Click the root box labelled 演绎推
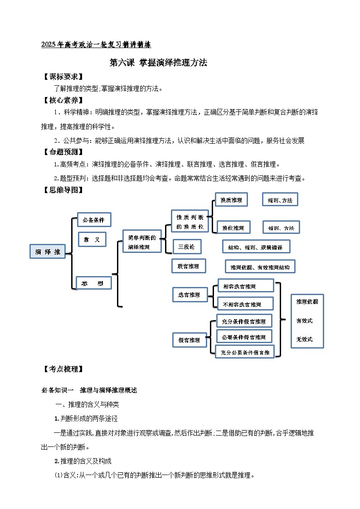point(48,252)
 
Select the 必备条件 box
point(94,220)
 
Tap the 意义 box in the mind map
point(92,239)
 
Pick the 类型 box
point(93,283)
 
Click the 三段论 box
point(187,247)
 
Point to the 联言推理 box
point(189,266)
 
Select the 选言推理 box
point(190,295)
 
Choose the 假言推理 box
point(190,339)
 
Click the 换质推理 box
point(231,199)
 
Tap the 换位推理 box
point(233,228)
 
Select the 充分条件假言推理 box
point(244,321)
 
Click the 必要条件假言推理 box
point(244,337)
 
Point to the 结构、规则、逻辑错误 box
point(256,247)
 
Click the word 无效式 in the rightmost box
point(304,339)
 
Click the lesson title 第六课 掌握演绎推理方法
point(158,63)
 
